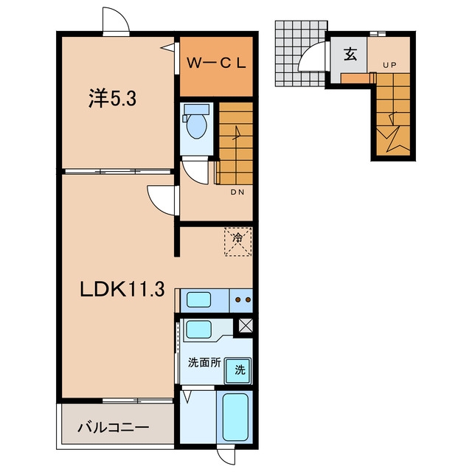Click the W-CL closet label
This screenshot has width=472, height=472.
click(x=216, y=63)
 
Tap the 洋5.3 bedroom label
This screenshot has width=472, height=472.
click(x=112, y=98)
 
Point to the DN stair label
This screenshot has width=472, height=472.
click(x=237, y=192)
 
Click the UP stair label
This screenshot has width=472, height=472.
click(x=390, y=65)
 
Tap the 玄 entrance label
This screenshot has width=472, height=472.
click(x=350, y=55)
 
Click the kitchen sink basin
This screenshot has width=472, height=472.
click(x=198, y=300)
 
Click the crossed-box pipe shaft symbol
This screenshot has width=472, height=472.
click(x=246, y=325)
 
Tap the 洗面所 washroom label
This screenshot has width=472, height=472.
click(x=204, y=363)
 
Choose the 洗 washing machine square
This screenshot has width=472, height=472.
click(x=238, y=370)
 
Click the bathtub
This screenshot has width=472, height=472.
click(x=235, y=417)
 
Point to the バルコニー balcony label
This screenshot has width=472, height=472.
click(x=113, y=428)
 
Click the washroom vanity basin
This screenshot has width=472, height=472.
click(x=198, y=330)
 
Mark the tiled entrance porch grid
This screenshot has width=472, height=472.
click(x=301, y=54)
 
